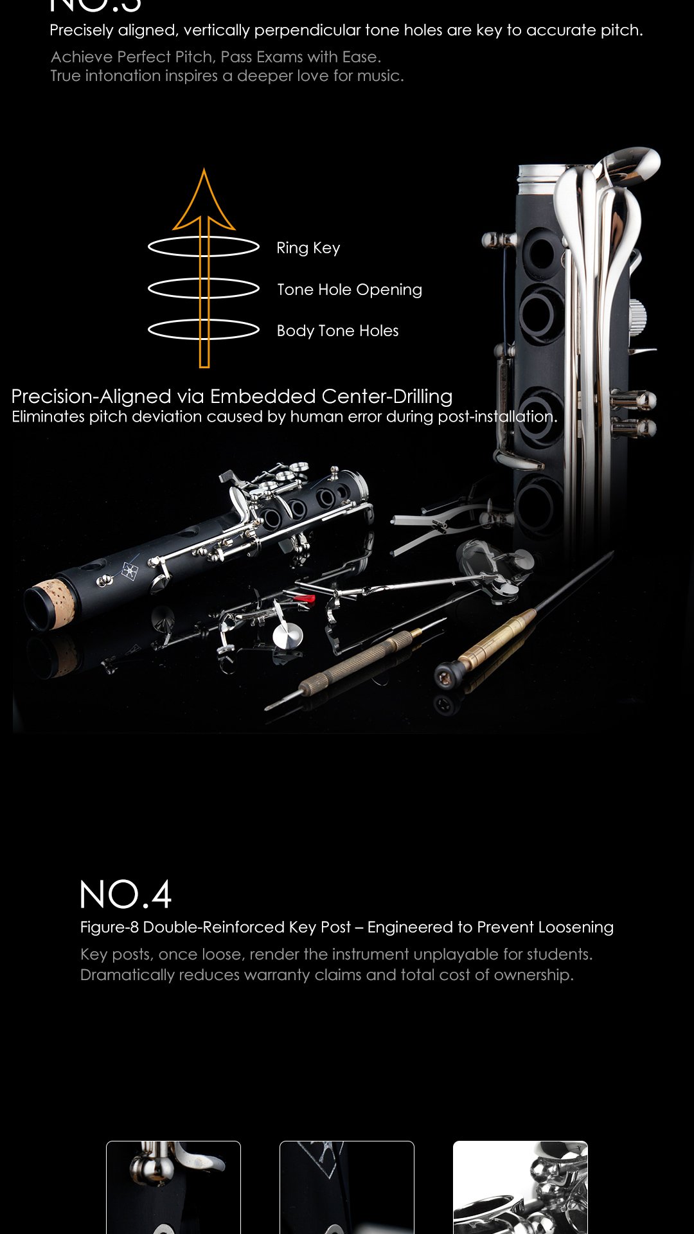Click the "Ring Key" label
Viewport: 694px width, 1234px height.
click(308, 248)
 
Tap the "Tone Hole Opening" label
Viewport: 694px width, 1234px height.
click(350, 290)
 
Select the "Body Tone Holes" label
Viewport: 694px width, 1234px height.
click(337, 331)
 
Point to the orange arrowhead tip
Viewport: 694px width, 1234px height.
click(204, 169)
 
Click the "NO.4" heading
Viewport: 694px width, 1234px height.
click(126, 894)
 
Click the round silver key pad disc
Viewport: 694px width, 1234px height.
click(287, 635)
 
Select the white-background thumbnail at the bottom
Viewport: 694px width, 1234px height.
click(520, 1187)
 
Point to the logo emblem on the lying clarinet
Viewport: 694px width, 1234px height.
click(130, 569)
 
